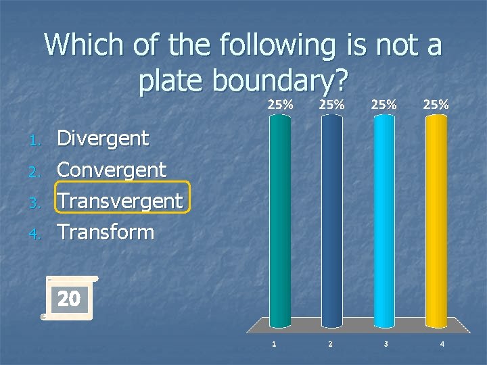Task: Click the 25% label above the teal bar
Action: tap(281, 105)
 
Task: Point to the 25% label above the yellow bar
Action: tap(436, 105)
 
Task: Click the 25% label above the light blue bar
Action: tap(384, 105)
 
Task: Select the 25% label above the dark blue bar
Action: tap(332, 105)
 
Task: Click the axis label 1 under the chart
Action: tap(273, 344)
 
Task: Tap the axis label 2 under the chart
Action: tap(329, 344)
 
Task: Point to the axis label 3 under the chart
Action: tap(386, 344)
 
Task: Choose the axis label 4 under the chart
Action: tap(442, 344)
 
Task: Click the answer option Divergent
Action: tap(103, 139)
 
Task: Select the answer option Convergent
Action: tap(112, 170)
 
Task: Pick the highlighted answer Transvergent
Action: tap(120, 201)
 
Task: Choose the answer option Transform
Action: tap(106, 232)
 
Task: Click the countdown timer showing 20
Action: tap(68, 298)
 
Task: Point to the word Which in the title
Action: tap(82, 45)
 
